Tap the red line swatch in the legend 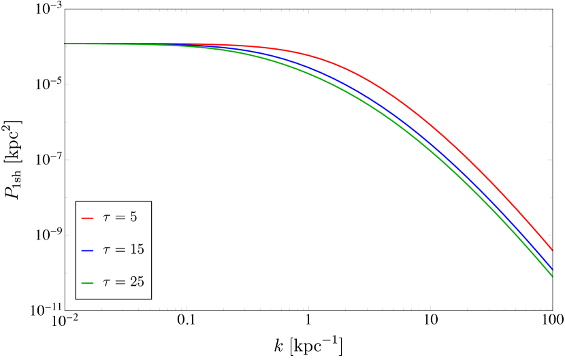[87, 218]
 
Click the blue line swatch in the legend [87, 250]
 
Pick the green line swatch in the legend [87, 282]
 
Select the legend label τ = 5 [120, 217]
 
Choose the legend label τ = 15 [123, 249]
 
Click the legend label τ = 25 [123, 281]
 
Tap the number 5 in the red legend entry [133, 217]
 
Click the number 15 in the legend [137, 249]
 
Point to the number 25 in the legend [137, 281]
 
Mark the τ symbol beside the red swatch [106, 218]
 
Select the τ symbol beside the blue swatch [106, 250]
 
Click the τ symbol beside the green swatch [106, 282]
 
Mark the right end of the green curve [551, 276]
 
